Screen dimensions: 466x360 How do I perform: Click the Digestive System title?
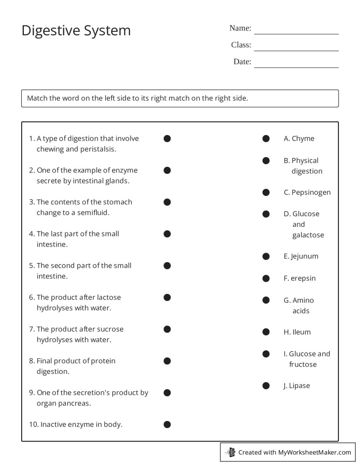76,30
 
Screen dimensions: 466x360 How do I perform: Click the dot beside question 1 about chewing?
167,139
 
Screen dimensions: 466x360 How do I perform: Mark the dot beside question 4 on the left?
167,234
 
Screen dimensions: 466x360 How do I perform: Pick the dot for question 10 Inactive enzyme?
167,425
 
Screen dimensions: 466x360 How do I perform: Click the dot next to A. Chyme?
266,139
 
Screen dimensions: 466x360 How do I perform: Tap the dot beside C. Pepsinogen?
266,192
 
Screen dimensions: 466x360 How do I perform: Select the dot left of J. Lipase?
266,386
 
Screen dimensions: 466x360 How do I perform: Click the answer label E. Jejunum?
301,256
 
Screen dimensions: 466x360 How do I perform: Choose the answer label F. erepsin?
300,278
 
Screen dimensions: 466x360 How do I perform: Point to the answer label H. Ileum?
297,332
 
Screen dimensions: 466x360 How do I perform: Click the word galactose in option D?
308,235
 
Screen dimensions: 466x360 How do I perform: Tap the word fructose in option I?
303,365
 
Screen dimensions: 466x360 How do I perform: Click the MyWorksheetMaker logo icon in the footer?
230,452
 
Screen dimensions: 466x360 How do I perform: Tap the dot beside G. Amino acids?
266,300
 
